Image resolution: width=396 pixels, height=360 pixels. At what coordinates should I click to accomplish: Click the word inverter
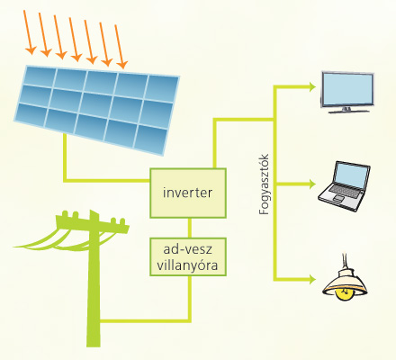pos(187,193)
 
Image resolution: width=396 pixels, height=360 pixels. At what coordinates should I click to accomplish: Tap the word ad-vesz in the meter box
pos(187,249)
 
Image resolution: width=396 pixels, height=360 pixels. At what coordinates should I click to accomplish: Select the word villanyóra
pos(187,265)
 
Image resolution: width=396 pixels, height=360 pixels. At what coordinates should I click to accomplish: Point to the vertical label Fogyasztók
pos(264,184)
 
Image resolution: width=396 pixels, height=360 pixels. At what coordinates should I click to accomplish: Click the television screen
pos(347,89)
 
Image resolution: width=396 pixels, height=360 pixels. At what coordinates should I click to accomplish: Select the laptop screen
pos(352,175)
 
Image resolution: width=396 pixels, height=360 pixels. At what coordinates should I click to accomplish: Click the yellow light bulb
pos(345,293)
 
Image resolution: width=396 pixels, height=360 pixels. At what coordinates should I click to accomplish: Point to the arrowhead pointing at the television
pos(312,87)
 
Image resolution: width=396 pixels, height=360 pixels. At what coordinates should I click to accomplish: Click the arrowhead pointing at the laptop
pos(312,184)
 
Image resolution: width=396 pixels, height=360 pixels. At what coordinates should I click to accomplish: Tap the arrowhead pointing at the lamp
pos(312,280)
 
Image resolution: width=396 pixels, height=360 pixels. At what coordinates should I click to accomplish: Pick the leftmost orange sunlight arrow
pos(30,32)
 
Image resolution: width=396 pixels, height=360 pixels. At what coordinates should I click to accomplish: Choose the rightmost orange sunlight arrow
pos(121,47)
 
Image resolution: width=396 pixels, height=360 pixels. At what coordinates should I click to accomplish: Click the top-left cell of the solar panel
pos(40,76)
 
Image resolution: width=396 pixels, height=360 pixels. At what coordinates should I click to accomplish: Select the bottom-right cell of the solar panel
pos(151,139)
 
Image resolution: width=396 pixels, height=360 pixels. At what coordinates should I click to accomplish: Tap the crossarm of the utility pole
pos(93,223)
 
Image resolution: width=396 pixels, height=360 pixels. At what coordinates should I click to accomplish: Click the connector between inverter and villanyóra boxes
pos(190,228)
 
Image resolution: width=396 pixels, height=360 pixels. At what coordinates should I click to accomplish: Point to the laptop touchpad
pos(339,198)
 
